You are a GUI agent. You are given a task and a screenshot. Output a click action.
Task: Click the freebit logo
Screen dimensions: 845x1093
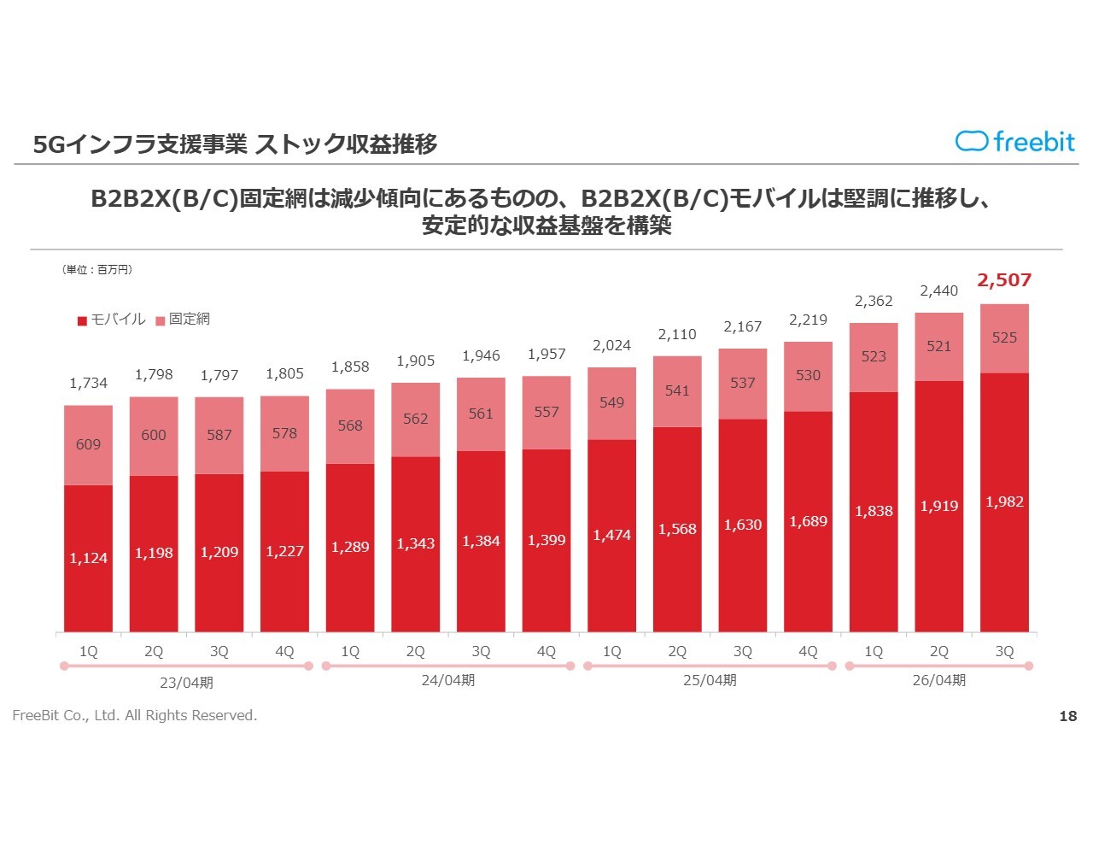tap(1014, 141)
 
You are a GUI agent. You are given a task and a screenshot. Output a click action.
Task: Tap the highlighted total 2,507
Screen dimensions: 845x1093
tap(1004, 280)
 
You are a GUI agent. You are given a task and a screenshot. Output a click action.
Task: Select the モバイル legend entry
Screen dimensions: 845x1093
tap(112, 320)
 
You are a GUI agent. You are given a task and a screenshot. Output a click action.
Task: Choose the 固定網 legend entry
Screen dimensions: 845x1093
tap(183, 320)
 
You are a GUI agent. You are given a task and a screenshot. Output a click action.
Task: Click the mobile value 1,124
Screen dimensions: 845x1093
tap(89, 558)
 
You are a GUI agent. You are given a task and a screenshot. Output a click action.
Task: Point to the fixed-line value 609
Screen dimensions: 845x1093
tap(88, 444)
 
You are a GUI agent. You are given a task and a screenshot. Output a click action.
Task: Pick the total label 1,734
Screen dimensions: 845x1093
tap(89, 383)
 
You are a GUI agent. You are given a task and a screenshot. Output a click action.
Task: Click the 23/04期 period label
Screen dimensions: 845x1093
tap(186, 683)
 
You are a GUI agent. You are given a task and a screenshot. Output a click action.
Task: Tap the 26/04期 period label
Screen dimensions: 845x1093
tap(938, 680)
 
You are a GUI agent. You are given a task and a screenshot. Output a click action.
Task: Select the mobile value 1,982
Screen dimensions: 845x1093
tap(1004, 502)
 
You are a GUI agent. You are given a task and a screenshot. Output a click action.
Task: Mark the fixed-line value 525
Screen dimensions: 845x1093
tap(1004, 337)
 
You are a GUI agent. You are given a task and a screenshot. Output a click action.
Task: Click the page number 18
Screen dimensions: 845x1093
tap(1067, 716)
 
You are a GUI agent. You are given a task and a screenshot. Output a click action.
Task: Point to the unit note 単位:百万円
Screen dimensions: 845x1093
tap(97, 270)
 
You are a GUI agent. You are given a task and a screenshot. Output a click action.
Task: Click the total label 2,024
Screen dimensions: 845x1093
tap(611, 345)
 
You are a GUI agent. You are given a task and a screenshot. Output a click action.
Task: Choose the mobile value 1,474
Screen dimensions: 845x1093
tap(611, 535)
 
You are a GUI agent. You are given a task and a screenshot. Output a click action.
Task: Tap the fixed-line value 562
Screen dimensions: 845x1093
tap(415, 419)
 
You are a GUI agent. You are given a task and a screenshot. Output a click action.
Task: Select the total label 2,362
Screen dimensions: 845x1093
tap(874, 301)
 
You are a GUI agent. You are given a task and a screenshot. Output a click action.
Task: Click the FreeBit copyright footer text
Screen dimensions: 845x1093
tap(135, 715)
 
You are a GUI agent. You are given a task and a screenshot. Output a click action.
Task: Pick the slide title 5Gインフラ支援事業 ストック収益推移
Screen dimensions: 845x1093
tap(235, 144)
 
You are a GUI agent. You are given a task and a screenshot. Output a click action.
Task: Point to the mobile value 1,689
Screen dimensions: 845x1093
tap(808, 521)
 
